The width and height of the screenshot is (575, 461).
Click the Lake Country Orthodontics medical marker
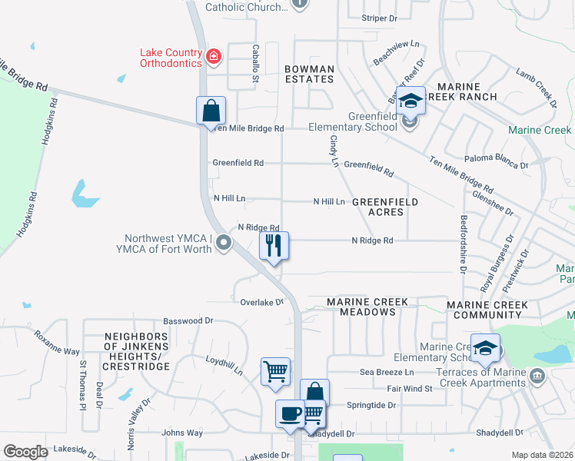point(213,56)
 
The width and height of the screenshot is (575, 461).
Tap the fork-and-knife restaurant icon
point(274,247)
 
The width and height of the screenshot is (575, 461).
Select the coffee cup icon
point(290,414)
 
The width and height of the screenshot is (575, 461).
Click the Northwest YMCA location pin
point(224,244)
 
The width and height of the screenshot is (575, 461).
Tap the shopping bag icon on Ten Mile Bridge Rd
point(211,111)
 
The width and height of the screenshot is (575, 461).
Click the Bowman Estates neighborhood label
point(310,75)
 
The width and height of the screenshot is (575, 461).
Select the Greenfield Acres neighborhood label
point(385,207)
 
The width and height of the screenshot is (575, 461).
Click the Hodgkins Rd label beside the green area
point(33,205)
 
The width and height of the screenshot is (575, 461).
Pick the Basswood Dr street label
point(187,320)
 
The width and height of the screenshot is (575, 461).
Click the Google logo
point(25,452)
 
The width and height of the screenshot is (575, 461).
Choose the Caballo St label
point(256,62)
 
